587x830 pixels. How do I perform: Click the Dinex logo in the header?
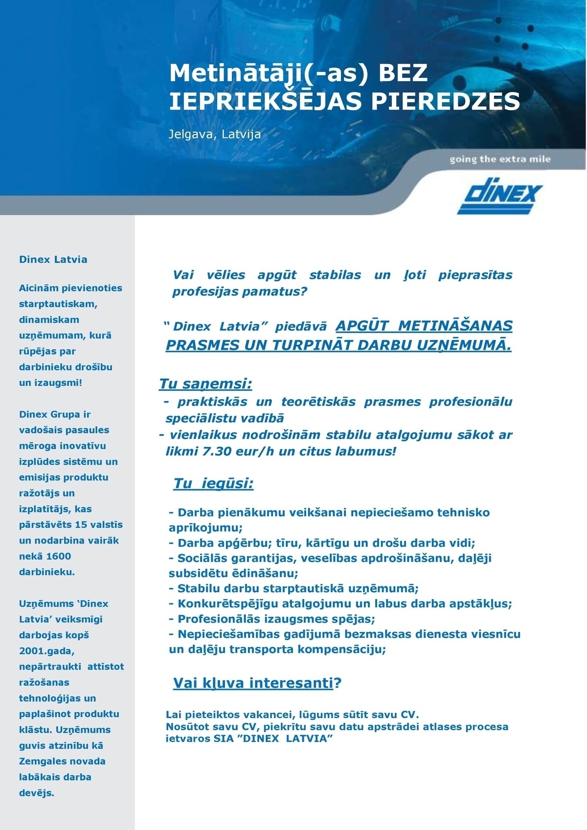pyautogui.click(x=499, y=197)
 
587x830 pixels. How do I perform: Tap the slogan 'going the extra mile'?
pyautogui.click(x=499, y=159)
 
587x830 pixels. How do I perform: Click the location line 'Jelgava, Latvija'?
pyautogui.click(x=215, y=134)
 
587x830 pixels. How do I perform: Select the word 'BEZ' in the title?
pyautogui.click(x=404, y=73)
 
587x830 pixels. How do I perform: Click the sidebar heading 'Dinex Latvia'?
pyautogui.click(x=53, y=260)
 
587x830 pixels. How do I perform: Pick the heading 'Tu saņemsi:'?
pyautogui.click(x=205, y=384)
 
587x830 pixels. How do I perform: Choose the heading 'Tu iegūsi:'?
pyautogui.click(x=213, y=484)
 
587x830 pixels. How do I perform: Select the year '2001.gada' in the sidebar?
pyautogui.click(x=46, y=651)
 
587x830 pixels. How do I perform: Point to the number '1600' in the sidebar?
pyautogui.click(x=58, y=556)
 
